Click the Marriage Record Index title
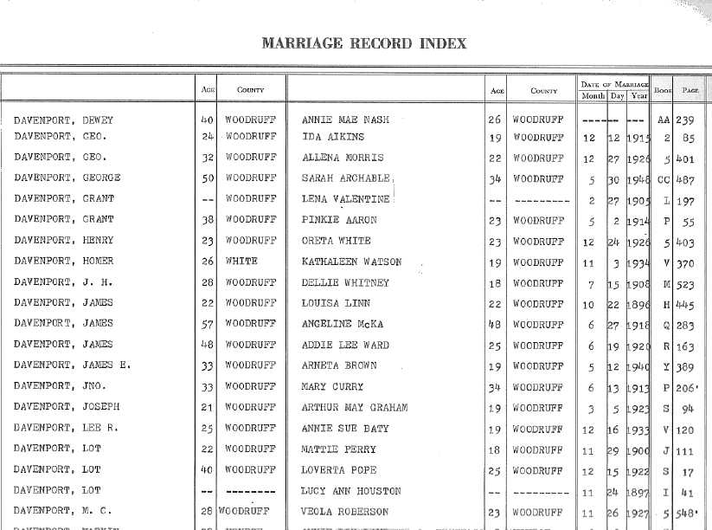[x=363, y=43]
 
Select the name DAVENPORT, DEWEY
[x=63, y=120]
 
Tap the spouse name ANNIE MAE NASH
[x=342, y=120]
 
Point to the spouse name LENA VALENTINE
[x=345, y=199]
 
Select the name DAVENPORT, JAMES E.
[x=72, y=365]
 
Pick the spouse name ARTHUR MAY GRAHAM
[x=355, y=407]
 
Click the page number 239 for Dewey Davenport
[x=687, y=120]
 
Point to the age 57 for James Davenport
[x=207, y=324]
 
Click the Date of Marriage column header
[x=614, y=83]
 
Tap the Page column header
[x=690, y=90]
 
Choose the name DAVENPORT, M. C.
[x=63, y=511]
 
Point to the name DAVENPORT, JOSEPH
[x=67, y=407]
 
